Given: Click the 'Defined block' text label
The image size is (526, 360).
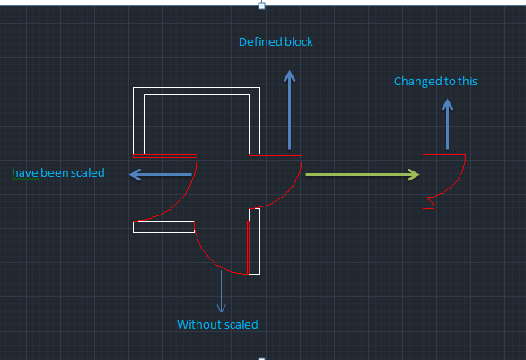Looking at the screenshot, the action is click(x=276, y=42).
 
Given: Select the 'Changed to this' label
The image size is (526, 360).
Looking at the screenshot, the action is click(x=435, y=82).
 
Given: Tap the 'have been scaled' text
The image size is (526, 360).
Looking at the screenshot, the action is click(x=58, y=172).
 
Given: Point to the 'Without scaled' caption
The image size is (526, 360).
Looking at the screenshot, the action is click(x=217, y=324).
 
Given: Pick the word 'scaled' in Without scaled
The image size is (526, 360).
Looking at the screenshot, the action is click(x=241, y=324).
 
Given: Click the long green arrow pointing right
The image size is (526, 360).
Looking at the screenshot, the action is click(x=363, y=174).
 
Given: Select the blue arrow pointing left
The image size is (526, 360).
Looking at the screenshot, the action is click(x=161, y=174).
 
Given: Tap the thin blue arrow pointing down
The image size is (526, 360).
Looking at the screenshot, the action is click(x=221, y=291).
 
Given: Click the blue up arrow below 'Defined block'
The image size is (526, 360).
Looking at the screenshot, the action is click(x=290, y=110).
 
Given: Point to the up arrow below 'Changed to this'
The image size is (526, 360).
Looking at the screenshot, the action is click(x=448, y=124).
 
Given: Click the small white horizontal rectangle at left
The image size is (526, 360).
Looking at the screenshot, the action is click(x=163, y=226).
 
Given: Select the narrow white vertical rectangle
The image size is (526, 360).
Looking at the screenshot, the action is click(x=254, y=241).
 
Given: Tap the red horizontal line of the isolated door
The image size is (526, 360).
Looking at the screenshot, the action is click(x=444, y=154).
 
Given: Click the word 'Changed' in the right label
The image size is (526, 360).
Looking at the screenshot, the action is click(x=413, y=82).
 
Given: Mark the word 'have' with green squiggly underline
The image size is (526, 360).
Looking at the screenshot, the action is click(x=25, y=172).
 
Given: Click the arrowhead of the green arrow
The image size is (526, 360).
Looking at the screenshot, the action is click(x=414, y=174).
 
